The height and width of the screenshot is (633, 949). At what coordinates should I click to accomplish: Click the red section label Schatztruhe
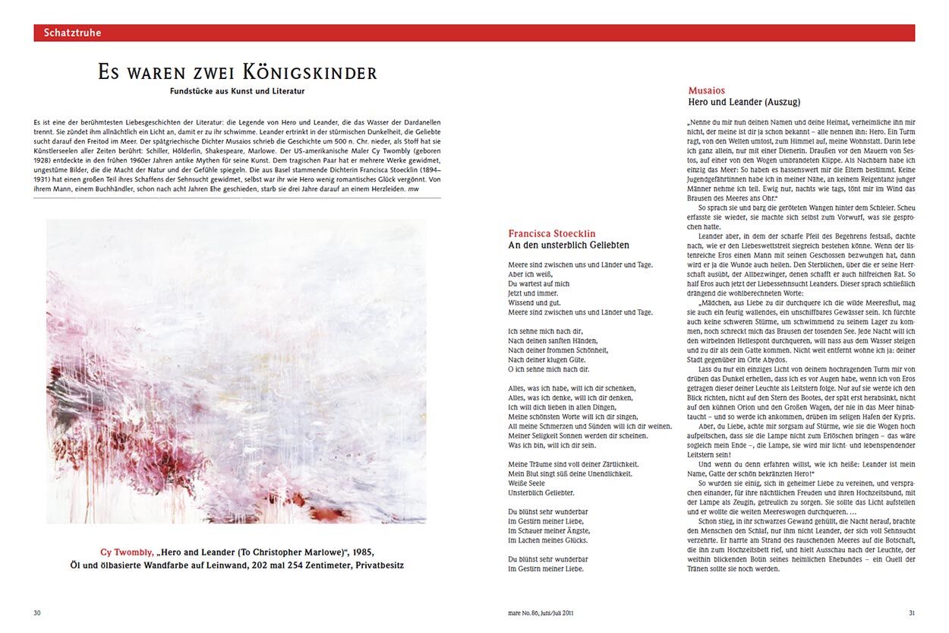pos(72,33)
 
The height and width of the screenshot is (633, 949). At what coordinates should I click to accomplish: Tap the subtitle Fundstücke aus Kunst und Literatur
pos(237,92)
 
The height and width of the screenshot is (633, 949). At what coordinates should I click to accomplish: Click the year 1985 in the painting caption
pos(360,552)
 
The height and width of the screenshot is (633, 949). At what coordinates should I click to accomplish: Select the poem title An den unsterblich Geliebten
pos(569,245)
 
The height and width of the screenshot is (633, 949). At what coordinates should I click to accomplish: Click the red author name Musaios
pos(706,90)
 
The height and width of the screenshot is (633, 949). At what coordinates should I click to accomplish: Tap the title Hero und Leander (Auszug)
pos(744,102)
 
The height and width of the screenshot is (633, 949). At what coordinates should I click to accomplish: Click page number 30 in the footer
pos(37,612)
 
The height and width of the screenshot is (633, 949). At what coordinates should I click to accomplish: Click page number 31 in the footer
pos(912,612)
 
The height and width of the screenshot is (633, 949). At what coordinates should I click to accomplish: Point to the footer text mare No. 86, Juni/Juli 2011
pos(541,612)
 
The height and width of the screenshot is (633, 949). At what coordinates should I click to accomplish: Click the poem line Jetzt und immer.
pos(533,293)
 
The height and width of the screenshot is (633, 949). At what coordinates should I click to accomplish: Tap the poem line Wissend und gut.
pos(532,302)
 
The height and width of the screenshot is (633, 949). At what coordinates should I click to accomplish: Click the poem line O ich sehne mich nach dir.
pos(548,369)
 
